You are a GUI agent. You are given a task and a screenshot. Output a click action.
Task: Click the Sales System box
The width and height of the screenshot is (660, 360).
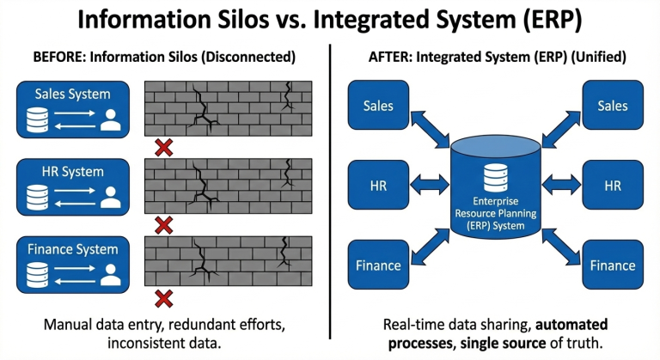(73, 109)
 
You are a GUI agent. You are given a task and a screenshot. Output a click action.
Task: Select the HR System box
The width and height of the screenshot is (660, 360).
(73, 187)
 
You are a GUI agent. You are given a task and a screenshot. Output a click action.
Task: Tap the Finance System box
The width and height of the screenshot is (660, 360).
(73, 264)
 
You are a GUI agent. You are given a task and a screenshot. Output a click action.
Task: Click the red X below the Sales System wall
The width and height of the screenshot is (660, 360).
(163, 147)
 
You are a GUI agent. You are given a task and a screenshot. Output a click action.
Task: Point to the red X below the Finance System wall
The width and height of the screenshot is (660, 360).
(163, 299)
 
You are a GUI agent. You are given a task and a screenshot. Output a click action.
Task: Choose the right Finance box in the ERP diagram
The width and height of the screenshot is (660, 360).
(612, 265)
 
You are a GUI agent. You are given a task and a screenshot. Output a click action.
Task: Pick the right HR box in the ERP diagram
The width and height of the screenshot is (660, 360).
(612, 185)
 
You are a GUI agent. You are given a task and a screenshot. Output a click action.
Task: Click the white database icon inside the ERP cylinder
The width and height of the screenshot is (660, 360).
(496, 178)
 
